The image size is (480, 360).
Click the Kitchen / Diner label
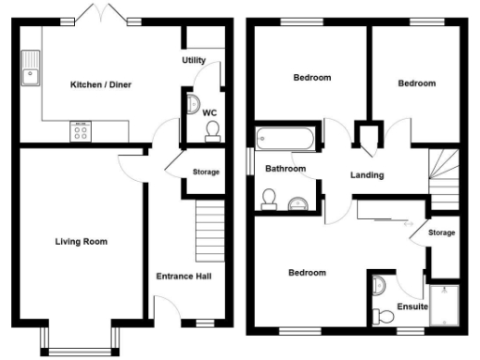(101, 85)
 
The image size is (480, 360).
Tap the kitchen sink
(32, 67)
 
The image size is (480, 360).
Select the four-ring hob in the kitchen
(80, 131)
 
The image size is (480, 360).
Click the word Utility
(194, 60)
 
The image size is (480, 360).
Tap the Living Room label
(81, 242)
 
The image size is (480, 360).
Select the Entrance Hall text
(186, 277)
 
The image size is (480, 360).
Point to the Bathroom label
(284, 169)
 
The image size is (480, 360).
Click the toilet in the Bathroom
(268, 197)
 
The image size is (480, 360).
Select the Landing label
(367, 175)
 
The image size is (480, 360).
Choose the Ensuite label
(412, 307)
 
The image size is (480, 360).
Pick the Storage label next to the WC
(205, 172)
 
